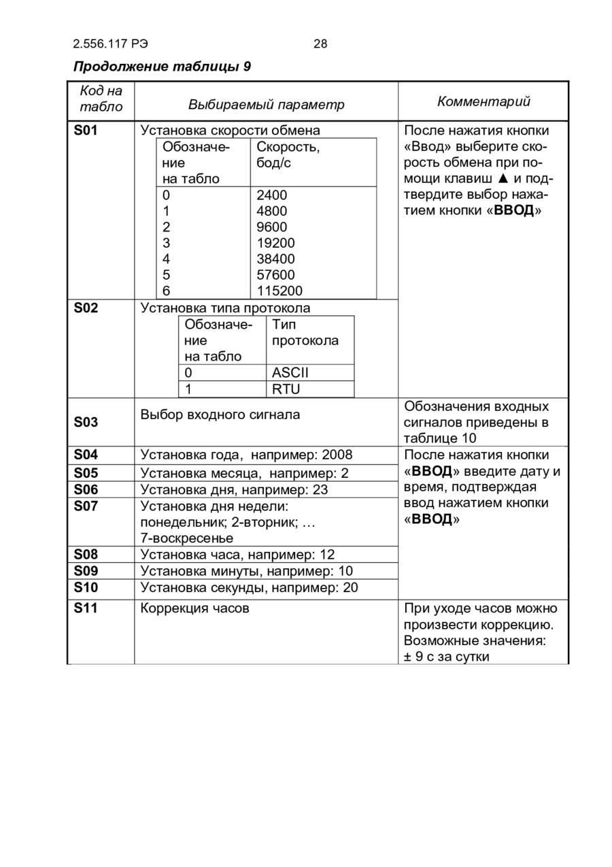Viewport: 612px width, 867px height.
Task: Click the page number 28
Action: (320, 44)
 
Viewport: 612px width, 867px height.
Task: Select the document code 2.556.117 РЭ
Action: (110, 44)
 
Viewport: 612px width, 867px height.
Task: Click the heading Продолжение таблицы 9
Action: (162, 67)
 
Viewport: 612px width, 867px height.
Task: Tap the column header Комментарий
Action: (483, 101)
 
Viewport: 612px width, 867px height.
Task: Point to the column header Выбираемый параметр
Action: (266, 105)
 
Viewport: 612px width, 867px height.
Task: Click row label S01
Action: (86, 130)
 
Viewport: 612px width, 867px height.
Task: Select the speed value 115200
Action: (279, 291)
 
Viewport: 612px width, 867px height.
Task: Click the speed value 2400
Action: (272, 195)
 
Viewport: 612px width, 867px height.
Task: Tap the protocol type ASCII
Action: (290, 373)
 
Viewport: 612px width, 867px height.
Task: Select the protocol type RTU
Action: (286, 389)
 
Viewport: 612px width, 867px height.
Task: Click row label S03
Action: (86, 423)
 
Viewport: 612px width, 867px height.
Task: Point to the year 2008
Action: (337, 455)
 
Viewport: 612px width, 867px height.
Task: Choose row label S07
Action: (86, 506)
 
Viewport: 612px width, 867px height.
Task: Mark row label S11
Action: (86, 608)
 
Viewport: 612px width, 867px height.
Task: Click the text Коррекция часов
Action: (194, 608)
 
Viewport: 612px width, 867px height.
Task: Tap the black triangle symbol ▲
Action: (503, 178)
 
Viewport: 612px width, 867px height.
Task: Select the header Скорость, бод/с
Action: (288, 155)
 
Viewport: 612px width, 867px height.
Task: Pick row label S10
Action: (86, 587)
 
